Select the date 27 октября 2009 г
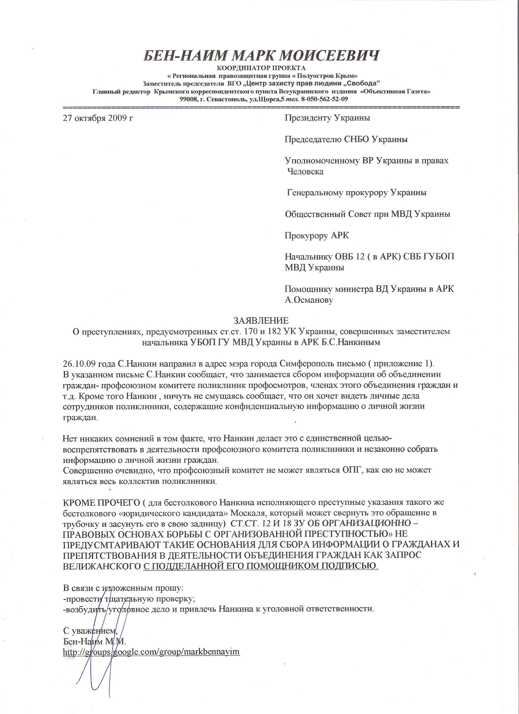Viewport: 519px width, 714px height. click(98, 118)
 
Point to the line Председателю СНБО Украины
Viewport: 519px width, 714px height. click(346, 139)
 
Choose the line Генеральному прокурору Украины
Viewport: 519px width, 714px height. click(357, 192)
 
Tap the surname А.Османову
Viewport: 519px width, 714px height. click(309, 300)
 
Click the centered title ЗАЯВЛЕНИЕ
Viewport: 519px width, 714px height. click(261, 320)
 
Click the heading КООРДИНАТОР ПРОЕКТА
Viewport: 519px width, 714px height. click(261, 68)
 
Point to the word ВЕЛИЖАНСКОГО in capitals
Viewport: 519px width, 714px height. click(102, 566)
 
